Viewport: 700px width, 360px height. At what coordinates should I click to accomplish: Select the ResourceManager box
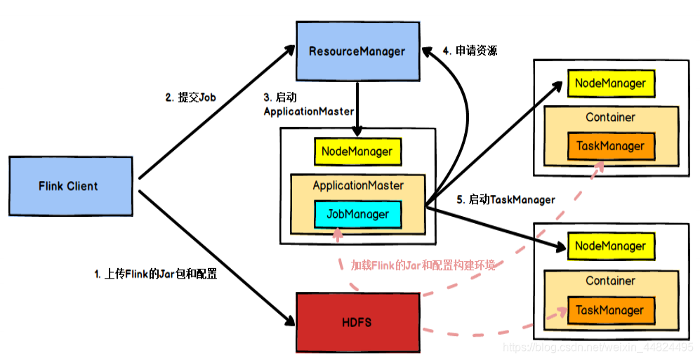click(x=357, y=51)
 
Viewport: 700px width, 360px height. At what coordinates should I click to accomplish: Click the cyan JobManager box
click(x=357, y=215)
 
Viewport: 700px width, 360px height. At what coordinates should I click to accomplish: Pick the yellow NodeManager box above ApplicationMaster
click(x=357, y=152)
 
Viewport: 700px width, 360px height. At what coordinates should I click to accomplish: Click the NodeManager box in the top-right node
click(x=610, y=84)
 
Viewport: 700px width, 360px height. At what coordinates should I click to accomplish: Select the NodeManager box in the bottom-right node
click(x=610, y=246)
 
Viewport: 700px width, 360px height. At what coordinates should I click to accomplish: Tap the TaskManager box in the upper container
click(x=610, y=146)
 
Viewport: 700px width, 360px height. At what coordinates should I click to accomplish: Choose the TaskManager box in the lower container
click(x=610, y=310)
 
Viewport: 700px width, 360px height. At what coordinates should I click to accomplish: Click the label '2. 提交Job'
click(x=190, y=98)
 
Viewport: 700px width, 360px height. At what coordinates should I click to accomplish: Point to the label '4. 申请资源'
click(x=470, y=51)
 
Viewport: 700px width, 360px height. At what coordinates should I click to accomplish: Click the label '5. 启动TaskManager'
click(x=506, y=200)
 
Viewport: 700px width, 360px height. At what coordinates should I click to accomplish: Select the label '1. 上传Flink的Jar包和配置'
click(x=155, y=274)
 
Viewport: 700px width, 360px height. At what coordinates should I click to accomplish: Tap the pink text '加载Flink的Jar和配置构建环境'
click(x=423, y=265)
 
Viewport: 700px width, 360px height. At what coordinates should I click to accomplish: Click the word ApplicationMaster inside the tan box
click(x=357, y=186)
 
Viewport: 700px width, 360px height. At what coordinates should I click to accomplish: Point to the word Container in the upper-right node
click(x=610, y=117)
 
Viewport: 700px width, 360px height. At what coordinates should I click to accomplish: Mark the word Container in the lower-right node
click(x=610, y=281)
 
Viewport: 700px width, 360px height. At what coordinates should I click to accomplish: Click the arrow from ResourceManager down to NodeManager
click(x=358, y=109)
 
